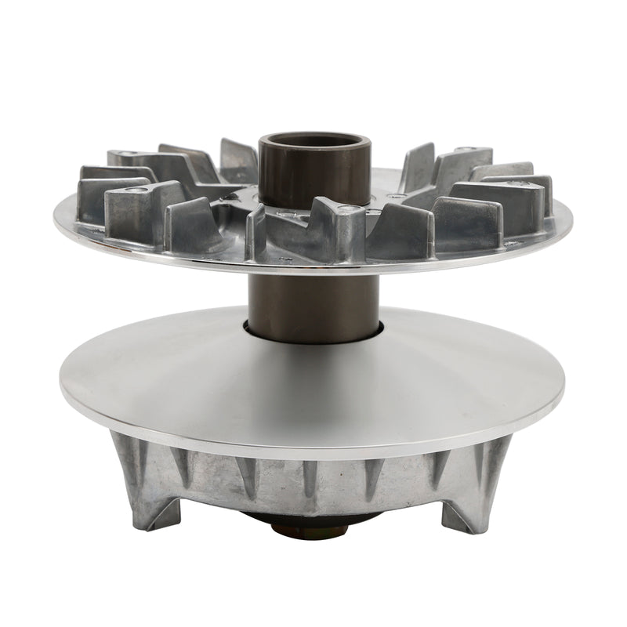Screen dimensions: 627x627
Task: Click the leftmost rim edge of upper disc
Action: tap(56, 220)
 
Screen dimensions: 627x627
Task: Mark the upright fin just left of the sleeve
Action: tap(237, 161)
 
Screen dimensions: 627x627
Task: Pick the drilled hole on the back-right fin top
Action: tap(469, 149)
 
